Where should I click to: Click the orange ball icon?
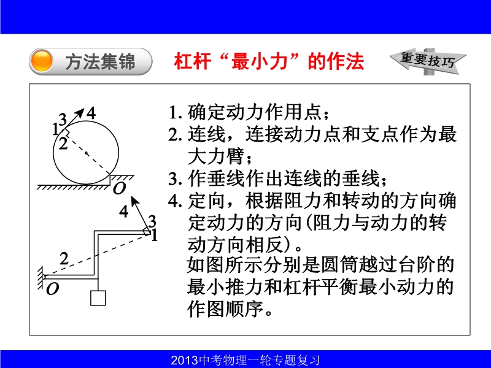coord(42,61)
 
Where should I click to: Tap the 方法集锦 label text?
coord(100,62)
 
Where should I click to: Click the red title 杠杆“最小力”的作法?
coord(269,61)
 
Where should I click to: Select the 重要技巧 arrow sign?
coord(428,61)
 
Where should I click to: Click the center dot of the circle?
coord(86,153)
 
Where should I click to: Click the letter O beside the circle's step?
coord(119,188)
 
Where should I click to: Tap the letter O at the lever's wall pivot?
coord(52,289)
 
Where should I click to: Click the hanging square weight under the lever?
coord(98,298)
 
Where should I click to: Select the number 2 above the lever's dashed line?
coord(64,259)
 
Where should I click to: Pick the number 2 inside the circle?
coord(63,144)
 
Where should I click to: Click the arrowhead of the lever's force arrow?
coord(134,200)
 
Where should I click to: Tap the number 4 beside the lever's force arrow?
coord(124,211)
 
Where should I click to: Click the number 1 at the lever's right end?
coord(155,235)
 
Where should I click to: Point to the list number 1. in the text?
coord(176,113)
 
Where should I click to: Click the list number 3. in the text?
coord(176,179)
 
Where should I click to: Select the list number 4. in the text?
coord(176,201)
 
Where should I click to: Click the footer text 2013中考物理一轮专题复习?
coord(245,360)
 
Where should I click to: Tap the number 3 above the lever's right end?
coord(152,221)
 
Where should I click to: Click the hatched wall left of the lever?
coord(41,278)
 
